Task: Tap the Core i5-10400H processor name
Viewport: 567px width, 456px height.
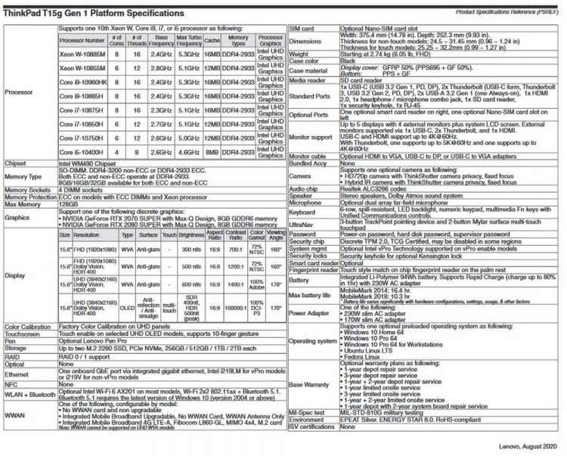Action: click(84, 151)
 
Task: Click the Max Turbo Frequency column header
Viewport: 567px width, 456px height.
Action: click(184, 39)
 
